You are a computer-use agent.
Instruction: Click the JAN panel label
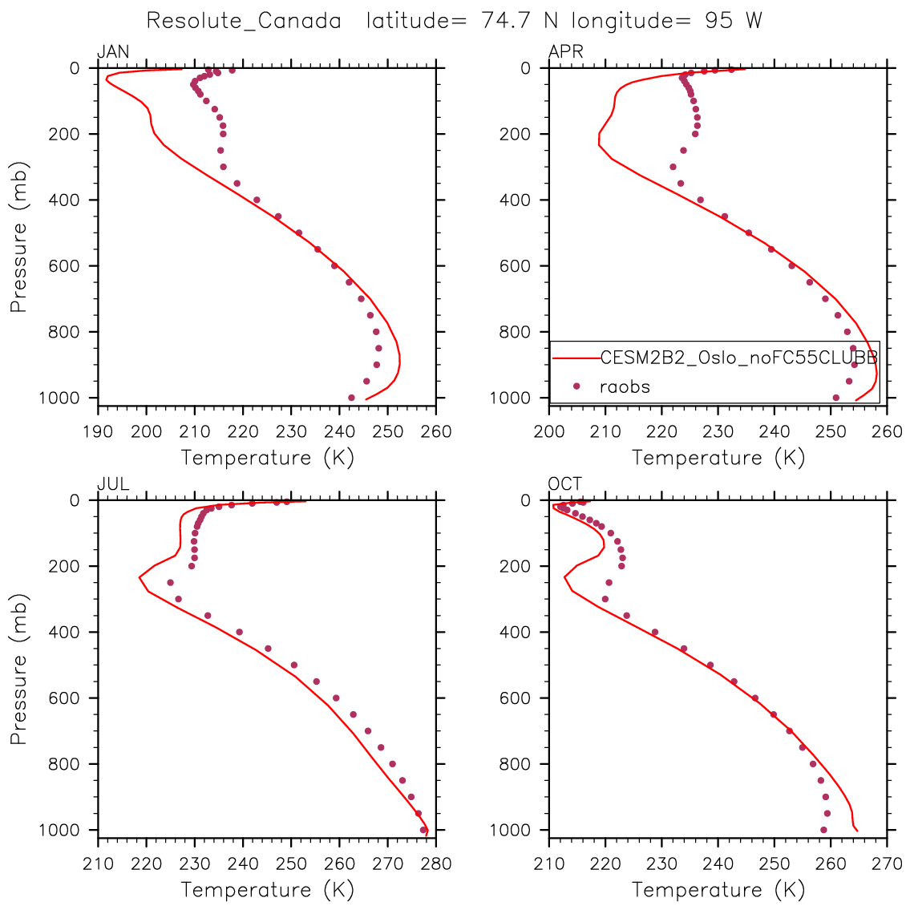point(113,53)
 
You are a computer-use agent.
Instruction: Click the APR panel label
point(565,53)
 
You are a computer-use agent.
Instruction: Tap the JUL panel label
point(113,484)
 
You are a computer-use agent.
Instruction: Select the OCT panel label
point(565,484)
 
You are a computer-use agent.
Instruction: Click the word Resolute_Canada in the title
point(244,21)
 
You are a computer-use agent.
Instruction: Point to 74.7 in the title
point(508,21)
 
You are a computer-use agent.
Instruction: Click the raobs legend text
point(625,386)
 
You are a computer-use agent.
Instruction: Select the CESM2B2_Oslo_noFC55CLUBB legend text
point(738,358)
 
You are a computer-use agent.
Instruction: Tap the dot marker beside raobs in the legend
point(576,386)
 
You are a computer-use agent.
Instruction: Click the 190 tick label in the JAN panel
point(98,432)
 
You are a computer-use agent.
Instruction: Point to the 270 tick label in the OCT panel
point(887,864)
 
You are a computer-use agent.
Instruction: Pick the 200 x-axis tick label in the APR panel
point(549,432)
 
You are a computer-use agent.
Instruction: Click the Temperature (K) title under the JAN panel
point(267,458)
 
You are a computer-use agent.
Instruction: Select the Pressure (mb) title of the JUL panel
point(19,669)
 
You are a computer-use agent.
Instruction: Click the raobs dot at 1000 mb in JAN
point(351,398)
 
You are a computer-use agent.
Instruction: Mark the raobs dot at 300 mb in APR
point(673,167)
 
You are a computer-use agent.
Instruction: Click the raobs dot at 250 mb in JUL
point(170,583)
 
